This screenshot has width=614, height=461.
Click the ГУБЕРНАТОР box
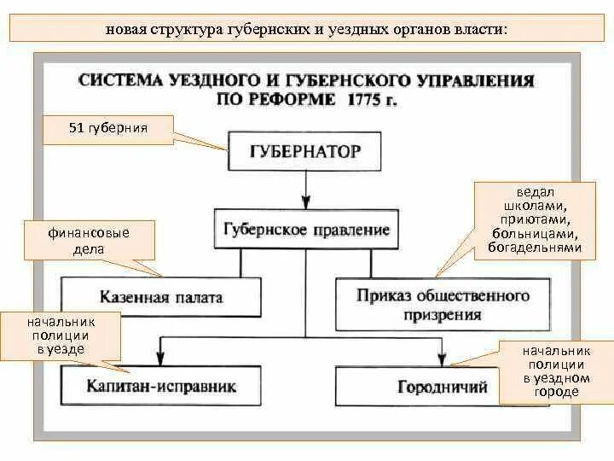305,152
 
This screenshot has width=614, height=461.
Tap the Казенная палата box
161,298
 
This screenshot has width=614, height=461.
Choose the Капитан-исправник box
161,387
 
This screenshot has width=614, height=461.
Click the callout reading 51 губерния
108,129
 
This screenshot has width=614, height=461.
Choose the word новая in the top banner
124,28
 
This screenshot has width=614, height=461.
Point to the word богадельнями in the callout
535,248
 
